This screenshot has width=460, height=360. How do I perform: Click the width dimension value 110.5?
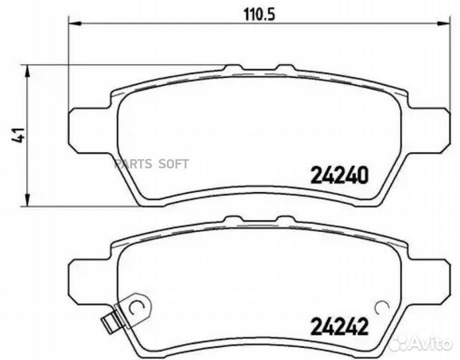tap(256, 11)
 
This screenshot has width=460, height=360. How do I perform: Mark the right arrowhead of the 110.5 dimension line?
tap(443, 25)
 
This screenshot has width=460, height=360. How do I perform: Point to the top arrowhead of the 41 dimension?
tap(26, 69)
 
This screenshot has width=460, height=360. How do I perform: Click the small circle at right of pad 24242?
tap(382, 308)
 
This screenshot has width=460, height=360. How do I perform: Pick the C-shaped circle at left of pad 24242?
tap(136, 307)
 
